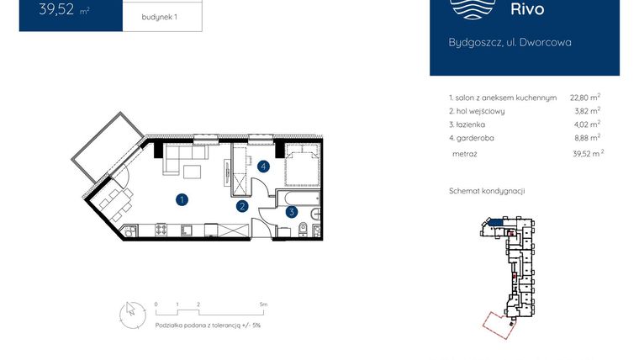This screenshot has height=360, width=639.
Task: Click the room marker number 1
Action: coord(181,199)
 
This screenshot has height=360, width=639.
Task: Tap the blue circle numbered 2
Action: coord(241,205)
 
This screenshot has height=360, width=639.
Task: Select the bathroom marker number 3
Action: coord(291,213)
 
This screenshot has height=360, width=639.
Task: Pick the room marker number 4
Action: coord(264,167)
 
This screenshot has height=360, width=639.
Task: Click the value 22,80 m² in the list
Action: coord(584,98)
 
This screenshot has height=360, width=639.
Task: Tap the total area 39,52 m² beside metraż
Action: coord(585,154)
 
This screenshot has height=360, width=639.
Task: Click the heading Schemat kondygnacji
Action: coord(487,191)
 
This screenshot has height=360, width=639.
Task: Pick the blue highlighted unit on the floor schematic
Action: coord(497,221)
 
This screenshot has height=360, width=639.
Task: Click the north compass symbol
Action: coord(129,312)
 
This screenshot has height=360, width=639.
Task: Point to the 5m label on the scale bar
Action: coord(263,304)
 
